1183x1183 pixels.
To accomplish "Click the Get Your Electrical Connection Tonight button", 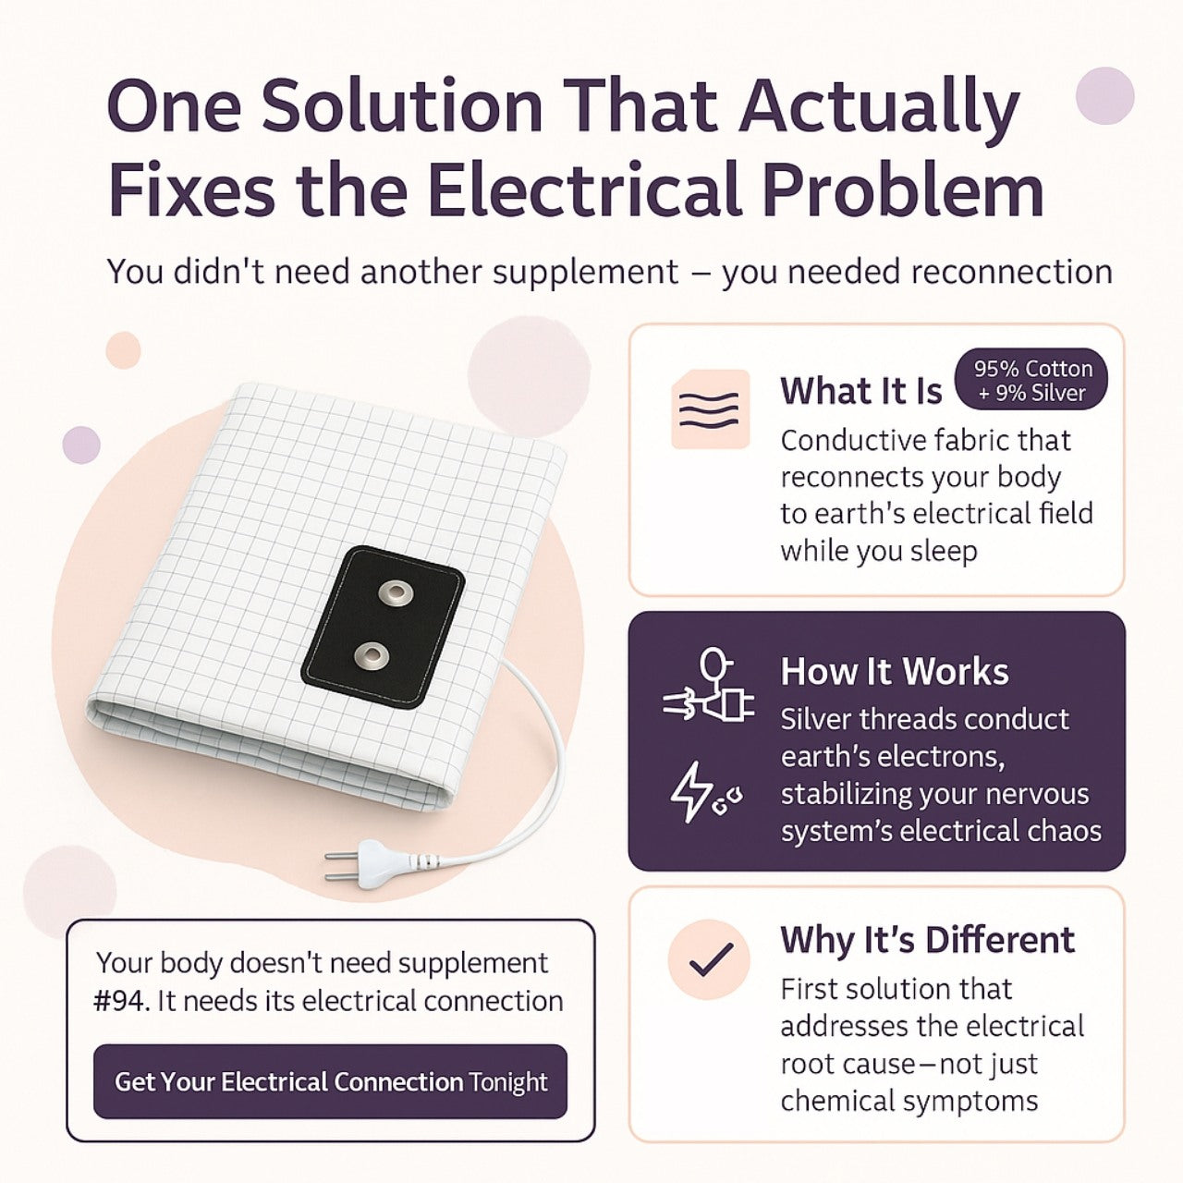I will tap(330, 1081).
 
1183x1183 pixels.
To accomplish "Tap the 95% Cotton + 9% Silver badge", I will tap(1031, 380).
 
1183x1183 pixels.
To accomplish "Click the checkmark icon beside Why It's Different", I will tap(710, 959).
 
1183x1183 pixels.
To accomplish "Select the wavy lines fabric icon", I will tap(710, 409).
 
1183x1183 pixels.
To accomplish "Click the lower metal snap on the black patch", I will tap(372, 657).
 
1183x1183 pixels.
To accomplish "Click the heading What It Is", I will tap(860, 391).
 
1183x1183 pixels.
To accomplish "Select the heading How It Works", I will tap(894, 672).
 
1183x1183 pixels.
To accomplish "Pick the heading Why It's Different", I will tap(927, 940).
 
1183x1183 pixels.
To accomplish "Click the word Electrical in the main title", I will tap(584, 189).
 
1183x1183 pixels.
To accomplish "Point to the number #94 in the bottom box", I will tap(122, 1001).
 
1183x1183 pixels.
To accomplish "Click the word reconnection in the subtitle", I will tap(1011, 273).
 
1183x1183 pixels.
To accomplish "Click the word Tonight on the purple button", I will tap(507, 1082).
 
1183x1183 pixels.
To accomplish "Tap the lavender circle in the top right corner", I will tap(1104, 95).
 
